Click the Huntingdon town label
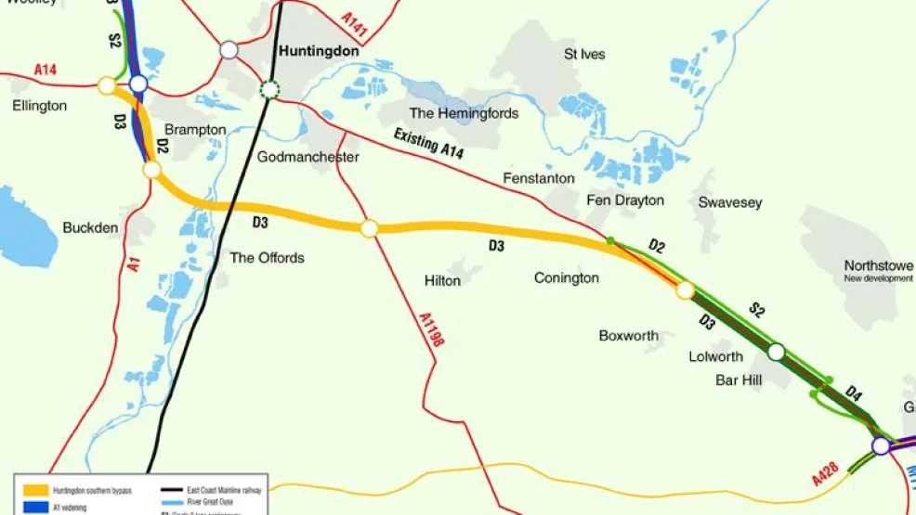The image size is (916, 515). click(x=319, y=52)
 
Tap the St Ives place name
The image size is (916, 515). click(x=584, y=54)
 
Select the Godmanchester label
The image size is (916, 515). click(x=308, y=157)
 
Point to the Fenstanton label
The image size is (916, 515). click(x=539, y=177)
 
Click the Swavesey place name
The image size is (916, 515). click(x=730, y=202)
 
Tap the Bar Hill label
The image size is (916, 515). click(x=739, y=380)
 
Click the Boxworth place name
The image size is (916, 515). click(x=629, y=336)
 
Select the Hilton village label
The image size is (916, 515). click(x=442, y=280)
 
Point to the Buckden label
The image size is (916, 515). click(x=90, y=227)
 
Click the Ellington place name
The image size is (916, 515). click(x=40, y=106)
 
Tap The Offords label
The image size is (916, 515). click(x=267, y=257)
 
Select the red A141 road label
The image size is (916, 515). click(x=355, y=25)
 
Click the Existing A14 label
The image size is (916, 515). click(x=428, y=144)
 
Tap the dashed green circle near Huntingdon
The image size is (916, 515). click(x=269, y=89)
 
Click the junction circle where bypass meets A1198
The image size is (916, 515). click(x=369, y=228)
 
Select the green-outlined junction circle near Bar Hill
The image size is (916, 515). click(x=776, y=352)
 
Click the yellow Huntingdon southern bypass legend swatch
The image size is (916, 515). click(x=36, y=489)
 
